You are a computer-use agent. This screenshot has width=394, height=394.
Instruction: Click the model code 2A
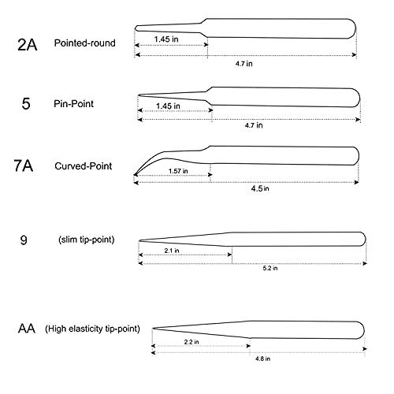(28, 45)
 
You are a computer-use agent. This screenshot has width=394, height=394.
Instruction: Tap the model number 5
(26, 103)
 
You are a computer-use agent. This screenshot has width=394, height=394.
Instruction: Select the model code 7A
(24, 165)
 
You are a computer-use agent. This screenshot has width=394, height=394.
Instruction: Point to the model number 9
(24, 240)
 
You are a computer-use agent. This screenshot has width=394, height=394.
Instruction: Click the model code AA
(27, 329)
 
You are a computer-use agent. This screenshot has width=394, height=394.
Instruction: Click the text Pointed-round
(84, 43)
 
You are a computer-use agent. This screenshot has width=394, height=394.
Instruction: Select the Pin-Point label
(73, 104)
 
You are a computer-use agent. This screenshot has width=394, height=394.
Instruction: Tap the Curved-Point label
(84, 166)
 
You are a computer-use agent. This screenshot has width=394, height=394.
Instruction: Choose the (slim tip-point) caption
(87, 240)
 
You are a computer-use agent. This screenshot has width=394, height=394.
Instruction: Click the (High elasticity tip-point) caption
(92, 329)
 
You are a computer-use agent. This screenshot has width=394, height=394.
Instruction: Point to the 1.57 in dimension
(178, 171)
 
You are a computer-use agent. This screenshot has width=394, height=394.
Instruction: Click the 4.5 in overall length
(260, 188)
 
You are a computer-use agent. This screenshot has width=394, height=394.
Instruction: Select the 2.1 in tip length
(172, 251)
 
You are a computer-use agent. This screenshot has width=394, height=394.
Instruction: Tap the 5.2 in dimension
(270, 268)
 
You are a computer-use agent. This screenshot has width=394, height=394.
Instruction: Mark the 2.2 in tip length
(191, 342)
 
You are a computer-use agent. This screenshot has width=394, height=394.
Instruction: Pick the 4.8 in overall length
(262, 359)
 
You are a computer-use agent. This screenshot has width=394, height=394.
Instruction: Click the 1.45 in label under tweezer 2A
(166, 39)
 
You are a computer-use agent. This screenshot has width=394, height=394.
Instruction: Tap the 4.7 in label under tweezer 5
(254, 125)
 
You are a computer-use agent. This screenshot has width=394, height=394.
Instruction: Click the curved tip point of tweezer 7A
(135, 174)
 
